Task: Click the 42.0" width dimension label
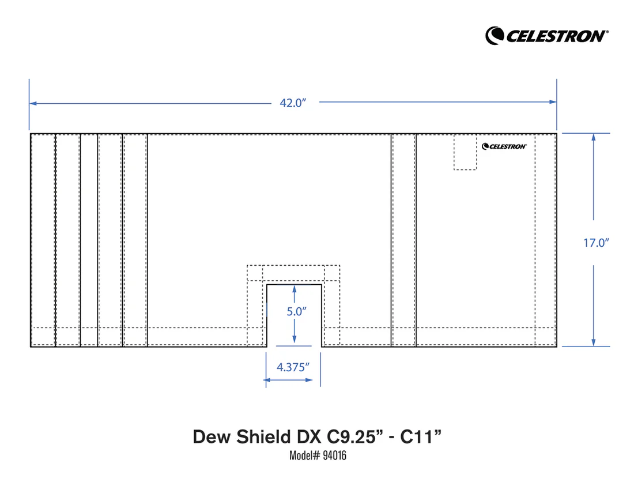tap(292, 103)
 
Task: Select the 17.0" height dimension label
tap(596, 243)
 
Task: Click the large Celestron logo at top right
tap(546, 35)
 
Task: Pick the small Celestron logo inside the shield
tap(504, 146)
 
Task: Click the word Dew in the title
tap(211, 436)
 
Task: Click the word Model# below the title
tap(304, 456)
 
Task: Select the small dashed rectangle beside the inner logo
tap(465, 152)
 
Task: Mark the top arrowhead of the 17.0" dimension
tap(594, 137)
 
